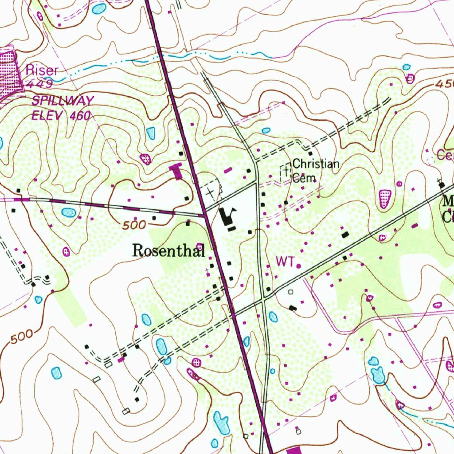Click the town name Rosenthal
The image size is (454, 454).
click(x=168, y=251)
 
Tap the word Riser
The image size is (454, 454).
click(x=42, y=70)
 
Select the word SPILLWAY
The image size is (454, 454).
click(x=63, y=101)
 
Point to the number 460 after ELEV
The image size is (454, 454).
click(x=80, y=116)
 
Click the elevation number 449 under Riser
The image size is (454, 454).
click(x=39, y=83)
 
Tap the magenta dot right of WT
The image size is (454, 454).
click(x=299, y=266)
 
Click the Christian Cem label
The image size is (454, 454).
click(x=315, y=171)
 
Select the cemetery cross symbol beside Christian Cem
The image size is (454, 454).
click(x=285, y=170)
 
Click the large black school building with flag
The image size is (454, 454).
click(x=229, y=216)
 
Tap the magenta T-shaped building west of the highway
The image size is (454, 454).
click(x=176, y=170)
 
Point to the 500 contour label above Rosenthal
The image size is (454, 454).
click(x=134, y=225)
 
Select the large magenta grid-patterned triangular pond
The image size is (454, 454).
click(x=385, y=198)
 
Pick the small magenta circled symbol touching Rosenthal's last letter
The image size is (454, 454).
click(x=200, y=247)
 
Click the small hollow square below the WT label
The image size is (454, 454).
click(x=291, y=292)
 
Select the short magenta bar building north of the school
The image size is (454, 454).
click(x=228, y=170)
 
